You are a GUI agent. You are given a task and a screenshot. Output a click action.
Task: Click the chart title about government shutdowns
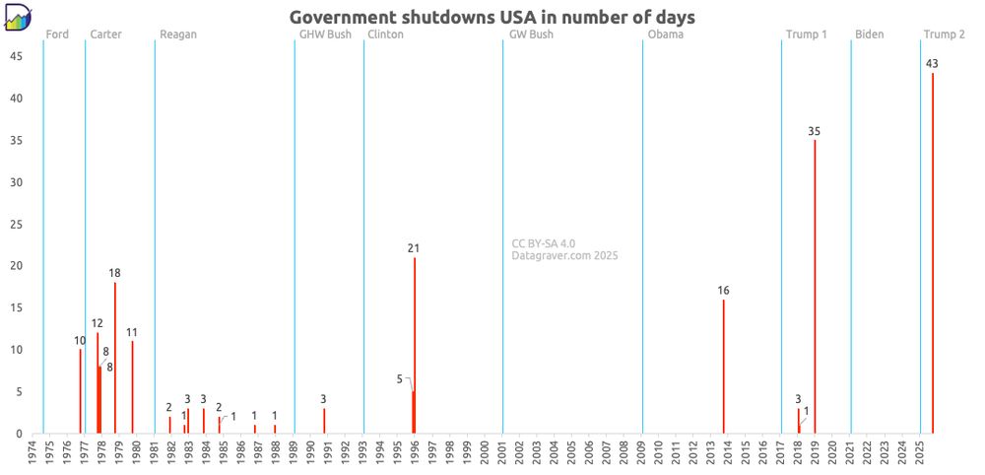click(492, 17)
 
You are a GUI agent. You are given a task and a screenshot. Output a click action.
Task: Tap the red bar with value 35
click(815, 287)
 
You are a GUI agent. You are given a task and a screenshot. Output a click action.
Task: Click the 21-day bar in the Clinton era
click(415, 345)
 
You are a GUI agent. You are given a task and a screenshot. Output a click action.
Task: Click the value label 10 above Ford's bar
click(80, 341)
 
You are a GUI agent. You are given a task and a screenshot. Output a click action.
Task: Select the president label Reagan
click(178, 34)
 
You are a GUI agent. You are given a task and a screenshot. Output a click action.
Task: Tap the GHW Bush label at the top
click(325, 34)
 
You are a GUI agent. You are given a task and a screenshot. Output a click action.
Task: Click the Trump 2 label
click(944, 34)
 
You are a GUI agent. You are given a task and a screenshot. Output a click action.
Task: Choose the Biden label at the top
click(869, 34)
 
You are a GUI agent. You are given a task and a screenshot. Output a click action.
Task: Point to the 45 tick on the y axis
click(17, 56)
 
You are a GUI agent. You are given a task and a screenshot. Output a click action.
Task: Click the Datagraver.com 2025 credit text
click(564, 256)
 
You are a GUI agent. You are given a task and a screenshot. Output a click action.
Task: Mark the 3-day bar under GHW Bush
click(324, 421)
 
